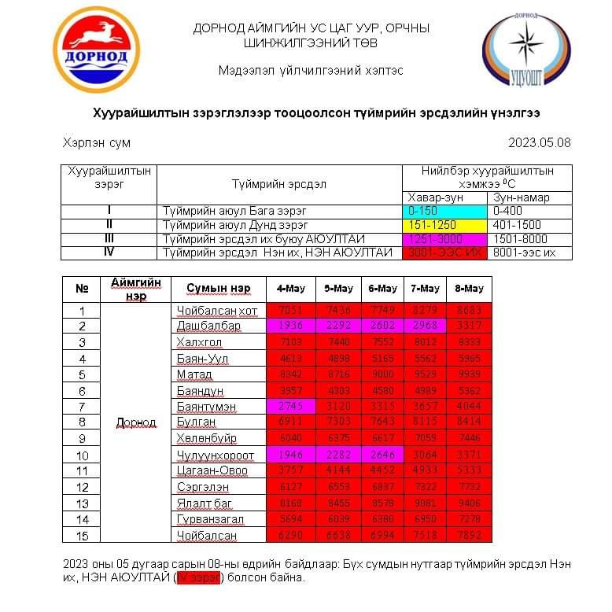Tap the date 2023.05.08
tap(540, 143)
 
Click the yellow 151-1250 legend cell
tap(444, 224)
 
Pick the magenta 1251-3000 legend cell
tap(444, 238)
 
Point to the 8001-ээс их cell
tap(529, 253)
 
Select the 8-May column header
tap(469, 288)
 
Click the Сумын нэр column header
tap(218, 288)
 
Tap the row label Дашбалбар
tap(209, 326)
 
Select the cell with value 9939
tap(469, 374)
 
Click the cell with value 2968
tap(424, 326)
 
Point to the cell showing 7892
tap(469, 535)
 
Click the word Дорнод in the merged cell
tap(136, 422)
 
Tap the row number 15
tap(82, 535)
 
